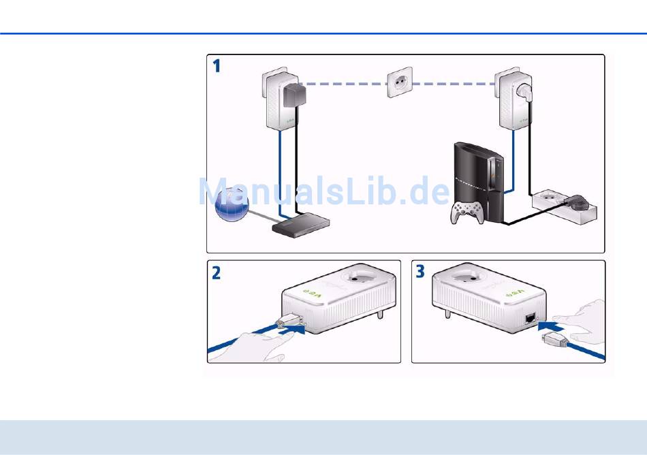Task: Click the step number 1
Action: tap(217, 66)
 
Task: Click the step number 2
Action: tap(216, 273)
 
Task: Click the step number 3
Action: tap(420, 272)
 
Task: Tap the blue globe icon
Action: tap(232, 204)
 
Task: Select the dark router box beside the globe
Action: tap(301, 225)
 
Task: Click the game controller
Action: tap(467, 212)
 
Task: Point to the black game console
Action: tap(479, 181)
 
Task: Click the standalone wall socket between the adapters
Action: tap(399, 82)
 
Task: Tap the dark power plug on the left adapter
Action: tap(295, 95)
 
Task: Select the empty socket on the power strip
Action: tap(548, 197)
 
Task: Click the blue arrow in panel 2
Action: tap(291, 329)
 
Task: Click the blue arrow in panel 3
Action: tap(550, 326)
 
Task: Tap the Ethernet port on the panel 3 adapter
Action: tap(531, 317)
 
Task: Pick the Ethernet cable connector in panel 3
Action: tap(555, 339)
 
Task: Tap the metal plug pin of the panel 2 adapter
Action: tap(379, 315)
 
